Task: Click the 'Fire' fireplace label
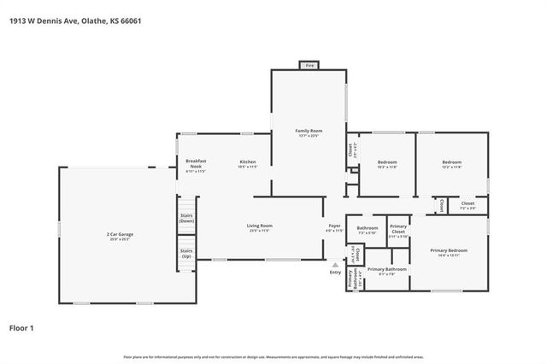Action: coord(309,66)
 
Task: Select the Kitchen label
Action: coord(248,163)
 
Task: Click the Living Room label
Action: coord(259,227)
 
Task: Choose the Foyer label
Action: coord(333,227)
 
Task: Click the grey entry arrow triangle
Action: coord(334,263)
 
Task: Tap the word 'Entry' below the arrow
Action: coord(334,273)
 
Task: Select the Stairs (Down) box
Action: coord(186,218)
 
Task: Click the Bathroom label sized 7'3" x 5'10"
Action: coord(368,229)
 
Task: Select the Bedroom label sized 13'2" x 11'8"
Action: coord(451,164)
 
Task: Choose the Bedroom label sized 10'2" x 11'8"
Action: coord(387,164)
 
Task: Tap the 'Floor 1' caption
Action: coord(22,327)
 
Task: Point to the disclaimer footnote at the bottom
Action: coord(273,356)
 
